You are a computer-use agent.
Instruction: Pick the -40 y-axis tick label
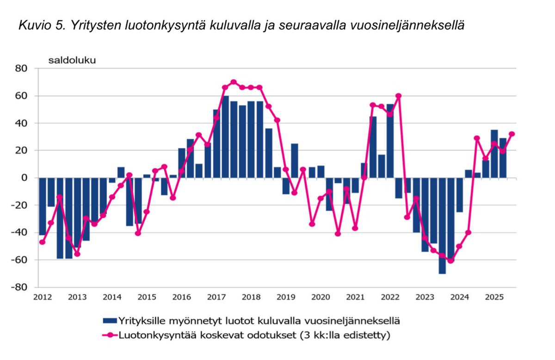coord(21,232)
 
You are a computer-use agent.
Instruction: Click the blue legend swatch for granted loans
coord(109,320)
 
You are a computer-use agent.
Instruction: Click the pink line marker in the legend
coord(109,335)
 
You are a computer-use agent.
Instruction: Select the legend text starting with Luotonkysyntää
coord(254,335)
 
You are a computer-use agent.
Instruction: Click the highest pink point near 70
coord(234,82)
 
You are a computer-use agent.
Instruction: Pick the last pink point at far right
coord(512,134)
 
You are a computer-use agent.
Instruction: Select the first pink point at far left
coord(42,242)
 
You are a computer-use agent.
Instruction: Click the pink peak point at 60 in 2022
coord(399,96)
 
